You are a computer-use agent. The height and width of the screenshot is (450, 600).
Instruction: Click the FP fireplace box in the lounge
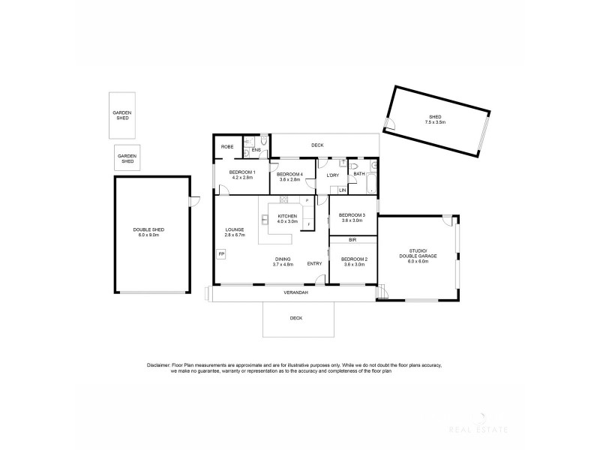point(221,255)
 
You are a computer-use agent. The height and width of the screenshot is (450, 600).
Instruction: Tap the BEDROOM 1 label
point(242,173)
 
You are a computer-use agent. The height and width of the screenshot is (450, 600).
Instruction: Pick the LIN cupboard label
point(342,190)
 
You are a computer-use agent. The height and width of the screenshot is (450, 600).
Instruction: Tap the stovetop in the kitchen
point(284,199)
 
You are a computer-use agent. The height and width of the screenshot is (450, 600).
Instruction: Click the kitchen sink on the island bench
point(265,220)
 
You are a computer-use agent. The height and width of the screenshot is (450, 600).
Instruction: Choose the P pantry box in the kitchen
point(306,201)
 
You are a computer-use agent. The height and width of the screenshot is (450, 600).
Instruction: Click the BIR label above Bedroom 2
point(353,241)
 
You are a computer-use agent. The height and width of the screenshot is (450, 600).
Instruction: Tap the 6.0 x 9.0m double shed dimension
point(149,235)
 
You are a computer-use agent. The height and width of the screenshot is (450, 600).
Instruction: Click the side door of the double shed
point(195,199)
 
